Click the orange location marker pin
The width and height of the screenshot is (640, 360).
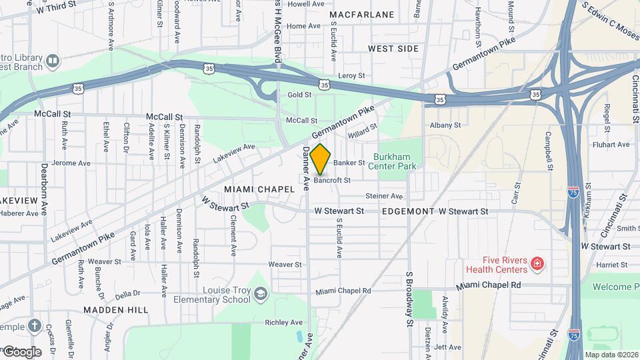[321, 159]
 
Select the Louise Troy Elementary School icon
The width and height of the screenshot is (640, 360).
[261, 295]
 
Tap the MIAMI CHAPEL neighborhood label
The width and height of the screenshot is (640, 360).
[259, 189]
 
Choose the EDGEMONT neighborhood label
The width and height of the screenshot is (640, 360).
[408, 211]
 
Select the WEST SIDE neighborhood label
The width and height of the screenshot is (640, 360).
[393, 49]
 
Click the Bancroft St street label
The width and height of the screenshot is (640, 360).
[332, 180]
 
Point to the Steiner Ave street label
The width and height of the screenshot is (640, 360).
[384, 196]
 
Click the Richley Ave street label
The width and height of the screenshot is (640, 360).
[284, 322]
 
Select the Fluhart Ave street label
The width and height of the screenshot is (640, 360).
[611, 144]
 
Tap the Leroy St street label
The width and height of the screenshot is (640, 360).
[353, 76]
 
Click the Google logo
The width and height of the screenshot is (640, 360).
[21, 351]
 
